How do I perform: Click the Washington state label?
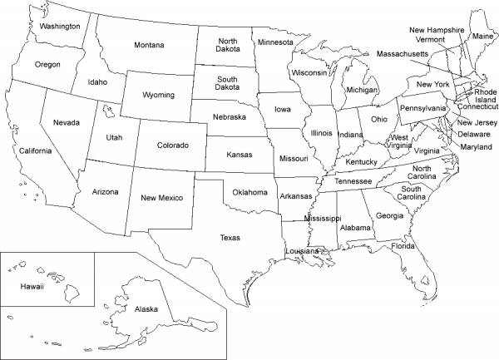60,27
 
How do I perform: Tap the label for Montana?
148,45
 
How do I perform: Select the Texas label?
230,238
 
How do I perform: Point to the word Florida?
403,246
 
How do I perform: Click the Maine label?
482,37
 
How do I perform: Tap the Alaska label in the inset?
146,309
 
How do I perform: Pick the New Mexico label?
161,198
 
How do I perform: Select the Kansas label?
240,155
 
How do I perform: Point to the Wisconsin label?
309,72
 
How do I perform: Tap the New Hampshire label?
437,30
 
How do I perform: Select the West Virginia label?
400,142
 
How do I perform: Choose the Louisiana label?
302,251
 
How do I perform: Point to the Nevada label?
67,123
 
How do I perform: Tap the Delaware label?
474,134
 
